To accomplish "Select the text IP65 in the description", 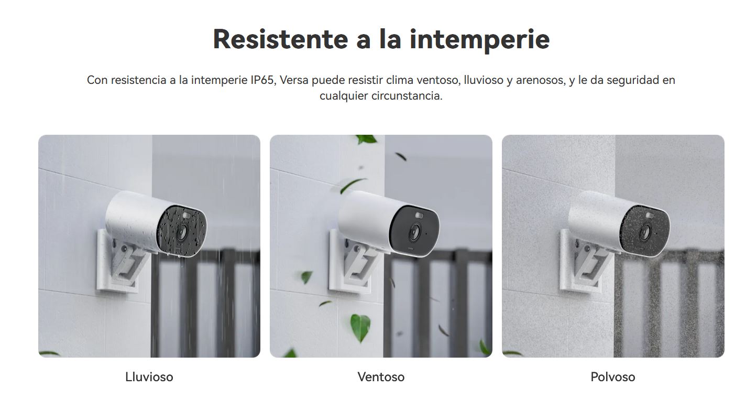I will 262,80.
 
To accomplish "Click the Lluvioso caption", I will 149,377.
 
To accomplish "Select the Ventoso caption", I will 381,377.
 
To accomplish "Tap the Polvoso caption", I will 612,377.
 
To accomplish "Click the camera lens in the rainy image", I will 183,231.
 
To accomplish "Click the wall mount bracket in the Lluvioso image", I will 126,262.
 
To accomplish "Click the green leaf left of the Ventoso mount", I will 306,276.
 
